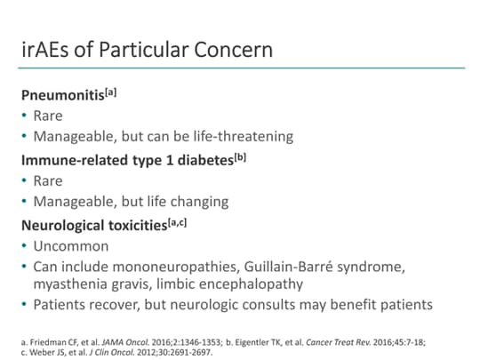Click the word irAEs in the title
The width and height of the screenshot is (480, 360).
(47, 48)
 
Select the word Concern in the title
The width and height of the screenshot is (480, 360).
(234, 48)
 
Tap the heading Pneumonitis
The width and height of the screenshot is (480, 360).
(61, 95)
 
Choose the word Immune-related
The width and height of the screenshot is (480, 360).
(74, 159)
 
